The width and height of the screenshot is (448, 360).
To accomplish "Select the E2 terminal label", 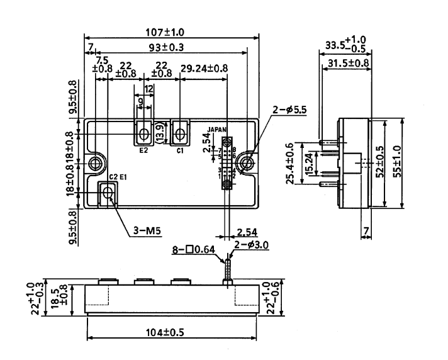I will [x=143, y=151].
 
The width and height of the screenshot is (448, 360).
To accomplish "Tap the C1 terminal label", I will [x=180, y=151].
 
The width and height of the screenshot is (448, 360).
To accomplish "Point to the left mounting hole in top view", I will [x=95, y=164].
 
